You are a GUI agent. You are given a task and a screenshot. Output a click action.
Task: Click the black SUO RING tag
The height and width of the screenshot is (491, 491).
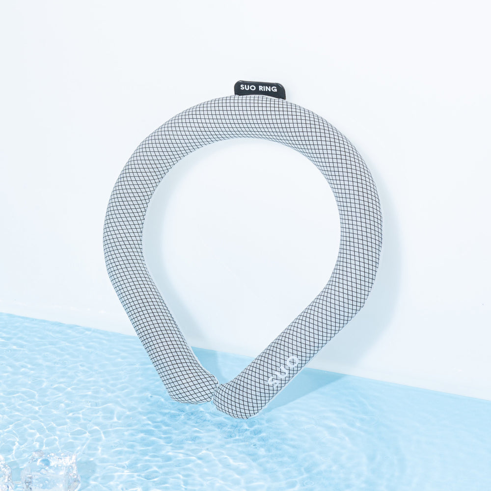260,89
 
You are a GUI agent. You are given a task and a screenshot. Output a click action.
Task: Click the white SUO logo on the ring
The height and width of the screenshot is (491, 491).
283,372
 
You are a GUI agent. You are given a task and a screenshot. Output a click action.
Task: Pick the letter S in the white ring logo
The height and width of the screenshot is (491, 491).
273,382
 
